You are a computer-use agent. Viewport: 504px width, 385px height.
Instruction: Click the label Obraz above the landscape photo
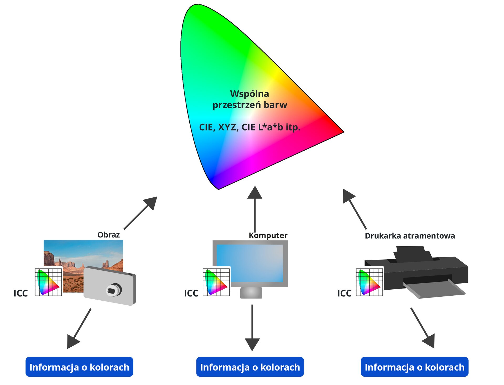(x=108, y=235)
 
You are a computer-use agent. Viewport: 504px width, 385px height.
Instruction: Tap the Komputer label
(x=268, y=235)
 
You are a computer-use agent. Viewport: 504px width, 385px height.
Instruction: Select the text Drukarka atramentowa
(x=410, y=236)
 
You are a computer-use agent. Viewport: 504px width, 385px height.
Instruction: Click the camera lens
(x=114, y=290)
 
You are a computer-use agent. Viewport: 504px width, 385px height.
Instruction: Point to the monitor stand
(x=251, y=292)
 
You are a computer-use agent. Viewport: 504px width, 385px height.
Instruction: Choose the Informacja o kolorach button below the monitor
(x=250, y=367)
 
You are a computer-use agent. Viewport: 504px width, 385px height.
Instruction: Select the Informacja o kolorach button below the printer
(x=414, y=367)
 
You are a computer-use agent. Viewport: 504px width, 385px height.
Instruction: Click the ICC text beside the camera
(x=20, y=293)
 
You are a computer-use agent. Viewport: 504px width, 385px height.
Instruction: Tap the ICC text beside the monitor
(x=191, y=293)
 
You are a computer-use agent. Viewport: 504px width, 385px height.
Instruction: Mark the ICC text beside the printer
(x=344, y=293)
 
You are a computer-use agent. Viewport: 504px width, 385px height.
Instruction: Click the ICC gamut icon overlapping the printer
(x=370, y=282)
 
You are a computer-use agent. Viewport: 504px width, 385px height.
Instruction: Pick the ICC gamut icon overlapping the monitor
(x=216, y=282)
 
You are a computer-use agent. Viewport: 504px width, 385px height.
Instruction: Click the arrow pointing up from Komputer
(x=254, y=208)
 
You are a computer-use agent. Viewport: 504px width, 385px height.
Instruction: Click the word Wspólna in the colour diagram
(x=250, y=94)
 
